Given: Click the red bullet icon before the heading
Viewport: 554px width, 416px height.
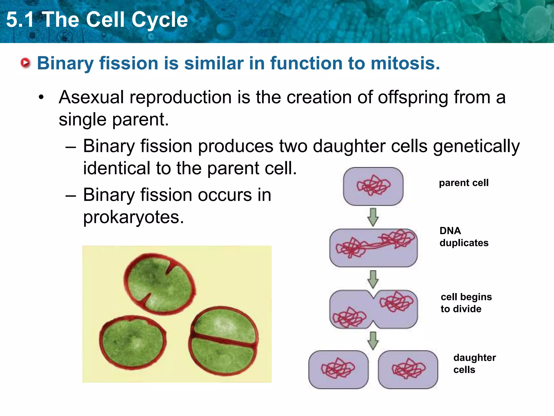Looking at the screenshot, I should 25,63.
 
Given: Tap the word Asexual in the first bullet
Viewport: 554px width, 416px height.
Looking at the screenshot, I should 91,97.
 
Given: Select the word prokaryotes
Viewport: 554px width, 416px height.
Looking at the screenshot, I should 133,217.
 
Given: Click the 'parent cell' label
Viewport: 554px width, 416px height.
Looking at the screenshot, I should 464,183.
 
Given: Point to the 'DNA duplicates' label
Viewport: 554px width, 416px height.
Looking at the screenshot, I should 464,237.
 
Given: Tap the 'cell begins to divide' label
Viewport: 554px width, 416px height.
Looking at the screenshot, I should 466,303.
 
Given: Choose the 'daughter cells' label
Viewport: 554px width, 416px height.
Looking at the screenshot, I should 474,363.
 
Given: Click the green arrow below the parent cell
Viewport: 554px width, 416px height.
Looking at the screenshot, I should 373,217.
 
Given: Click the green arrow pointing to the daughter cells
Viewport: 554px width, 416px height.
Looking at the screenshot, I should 373,340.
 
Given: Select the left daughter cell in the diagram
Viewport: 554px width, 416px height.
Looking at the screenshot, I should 338,370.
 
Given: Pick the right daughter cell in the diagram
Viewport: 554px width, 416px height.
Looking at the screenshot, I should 408,370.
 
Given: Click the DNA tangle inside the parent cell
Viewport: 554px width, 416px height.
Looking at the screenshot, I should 373,186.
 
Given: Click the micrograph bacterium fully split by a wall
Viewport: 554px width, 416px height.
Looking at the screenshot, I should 223,341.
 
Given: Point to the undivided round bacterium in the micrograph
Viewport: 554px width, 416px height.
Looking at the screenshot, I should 133,343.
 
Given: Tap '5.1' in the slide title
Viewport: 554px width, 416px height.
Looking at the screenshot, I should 20,19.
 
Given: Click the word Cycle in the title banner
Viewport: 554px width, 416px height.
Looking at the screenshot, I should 160,19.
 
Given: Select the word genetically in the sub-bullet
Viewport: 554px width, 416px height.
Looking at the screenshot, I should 476,147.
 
